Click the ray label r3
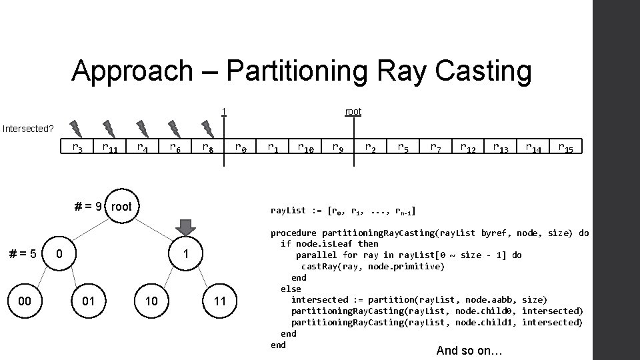point(77,148)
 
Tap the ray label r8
point(207,148)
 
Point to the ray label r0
point(240,148)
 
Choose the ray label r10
point(306,148)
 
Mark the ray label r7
point(435,148)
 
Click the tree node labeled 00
point(25,301)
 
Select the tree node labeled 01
point(88,301)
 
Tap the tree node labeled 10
point(152,301)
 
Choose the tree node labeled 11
point(220,301)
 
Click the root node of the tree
point(121,206)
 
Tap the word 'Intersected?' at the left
point(28,128)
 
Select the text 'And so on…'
point(469,350)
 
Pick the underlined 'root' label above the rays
point(353,111)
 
